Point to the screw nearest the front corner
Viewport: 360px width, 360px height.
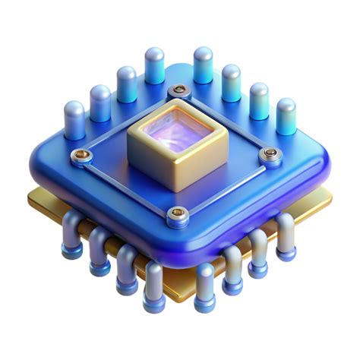176,213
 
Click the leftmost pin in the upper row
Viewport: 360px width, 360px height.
74,120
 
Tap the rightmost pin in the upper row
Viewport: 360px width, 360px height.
286,116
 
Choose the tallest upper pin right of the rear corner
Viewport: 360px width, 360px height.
203,65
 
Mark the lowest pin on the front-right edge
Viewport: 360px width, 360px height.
204,286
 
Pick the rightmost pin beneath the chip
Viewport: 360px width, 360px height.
286,232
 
